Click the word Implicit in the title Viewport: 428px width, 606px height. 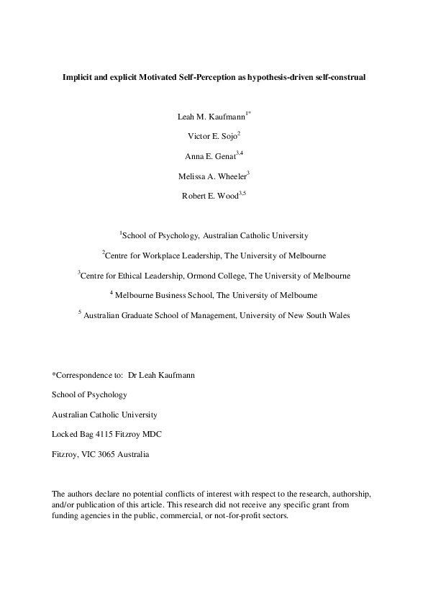tap(76, 76)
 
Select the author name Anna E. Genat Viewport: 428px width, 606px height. tap(211, 155)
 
